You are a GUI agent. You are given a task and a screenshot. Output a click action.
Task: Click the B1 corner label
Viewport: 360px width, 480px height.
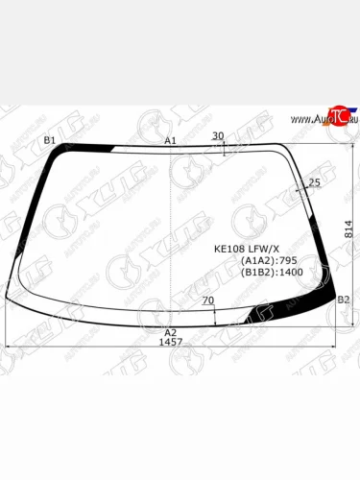(x=49, y=141)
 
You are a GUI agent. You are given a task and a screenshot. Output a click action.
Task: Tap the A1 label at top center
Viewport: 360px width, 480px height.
(x=171, y=141)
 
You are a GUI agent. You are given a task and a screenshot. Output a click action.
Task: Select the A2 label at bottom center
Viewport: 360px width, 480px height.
(x=171, y=331)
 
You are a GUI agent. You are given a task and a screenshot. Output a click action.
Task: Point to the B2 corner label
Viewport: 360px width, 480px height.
(x=343, y=300)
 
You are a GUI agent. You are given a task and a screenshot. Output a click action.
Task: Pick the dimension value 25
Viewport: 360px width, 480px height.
(x=314, y=182)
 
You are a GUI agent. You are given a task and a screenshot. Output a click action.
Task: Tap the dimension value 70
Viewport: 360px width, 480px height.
(x=207, y=301)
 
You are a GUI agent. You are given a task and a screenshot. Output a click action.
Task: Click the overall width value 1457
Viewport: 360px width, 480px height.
(x=171, y=342)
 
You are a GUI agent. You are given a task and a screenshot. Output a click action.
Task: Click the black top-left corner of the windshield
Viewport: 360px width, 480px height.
(x=67, y=152)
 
